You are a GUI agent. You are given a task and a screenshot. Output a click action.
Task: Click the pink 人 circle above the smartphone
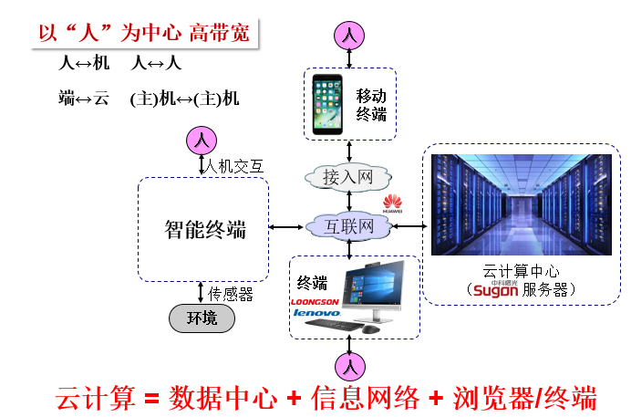pos(350,36)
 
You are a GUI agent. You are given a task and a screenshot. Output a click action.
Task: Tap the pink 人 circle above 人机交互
pos(202,141)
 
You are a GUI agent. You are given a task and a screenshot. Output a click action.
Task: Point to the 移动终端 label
pos(371,104)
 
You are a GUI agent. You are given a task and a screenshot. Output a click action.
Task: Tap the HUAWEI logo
pos(393,203)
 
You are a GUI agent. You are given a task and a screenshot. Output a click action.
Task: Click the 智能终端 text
pos(205,229)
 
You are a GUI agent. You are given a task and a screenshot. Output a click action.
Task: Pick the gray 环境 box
pos(202,318)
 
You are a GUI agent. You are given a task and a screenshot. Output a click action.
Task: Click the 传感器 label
pos(232,294)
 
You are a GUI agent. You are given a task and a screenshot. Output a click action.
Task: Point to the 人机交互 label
pos(234,166)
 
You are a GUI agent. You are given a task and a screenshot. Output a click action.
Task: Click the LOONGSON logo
pos(315,300)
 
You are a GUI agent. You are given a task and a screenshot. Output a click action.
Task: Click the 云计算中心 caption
pos(520,272)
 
